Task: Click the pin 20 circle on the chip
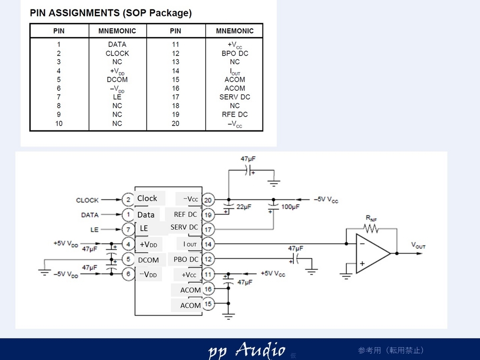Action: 208,200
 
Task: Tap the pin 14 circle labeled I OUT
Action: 208,244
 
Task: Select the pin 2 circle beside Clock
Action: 128,200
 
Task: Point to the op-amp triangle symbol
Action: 373,254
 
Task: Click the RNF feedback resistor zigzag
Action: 371,229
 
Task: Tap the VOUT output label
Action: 418,245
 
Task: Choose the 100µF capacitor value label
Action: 290,207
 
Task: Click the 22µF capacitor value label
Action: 244,207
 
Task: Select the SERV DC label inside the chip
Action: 184,227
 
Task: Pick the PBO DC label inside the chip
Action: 186,260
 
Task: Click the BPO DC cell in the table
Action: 235,53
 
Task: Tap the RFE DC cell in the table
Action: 235,114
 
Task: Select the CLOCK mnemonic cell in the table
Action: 117,53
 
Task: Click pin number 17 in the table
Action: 175,97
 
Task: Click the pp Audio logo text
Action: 246,350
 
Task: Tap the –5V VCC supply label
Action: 326,200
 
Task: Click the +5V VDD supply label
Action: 66,244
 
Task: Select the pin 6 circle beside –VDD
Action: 128,274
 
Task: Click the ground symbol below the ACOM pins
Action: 228,316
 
